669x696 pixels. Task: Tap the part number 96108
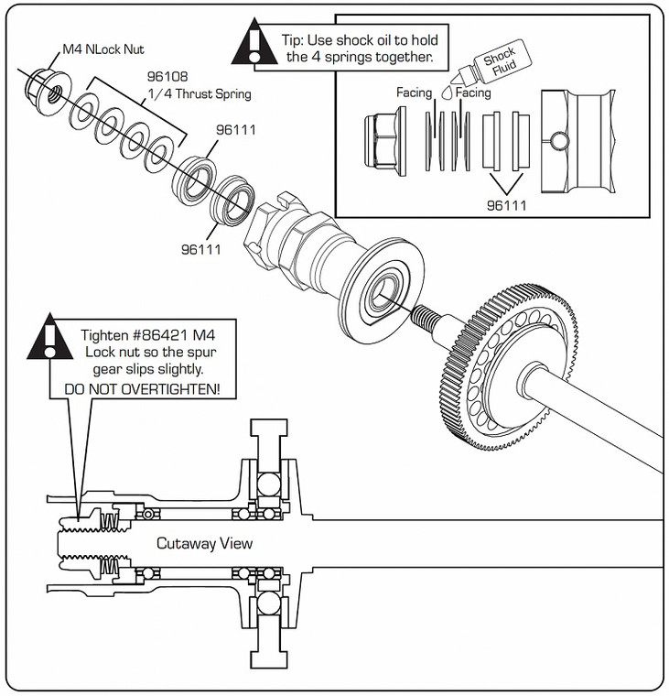167,78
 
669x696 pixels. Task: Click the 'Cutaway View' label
204,543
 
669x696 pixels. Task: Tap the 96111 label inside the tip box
506,205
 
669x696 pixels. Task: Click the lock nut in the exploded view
45,86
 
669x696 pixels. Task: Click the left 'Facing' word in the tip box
414,93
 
